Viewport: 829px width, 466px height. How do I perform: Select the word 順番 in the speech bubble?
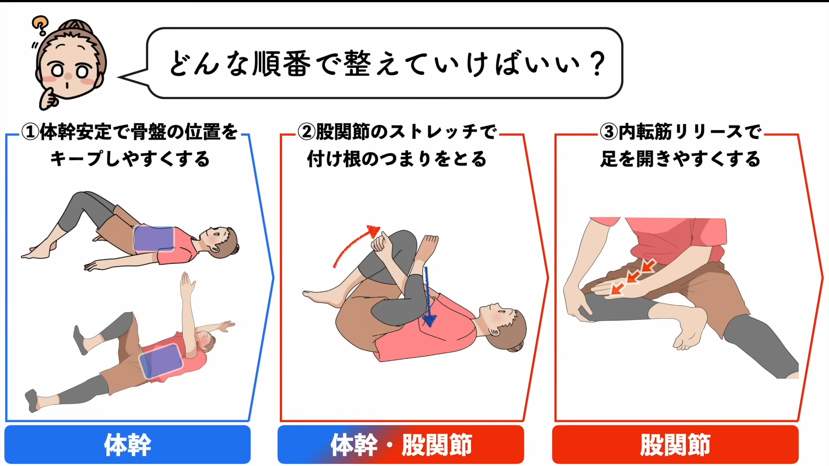(x=281, y=64)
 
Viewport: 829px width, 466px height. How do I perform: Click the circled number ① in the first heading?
(x=30, y=132)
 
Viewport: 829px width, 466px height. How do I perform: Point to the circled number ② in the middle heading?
(x=307, y=132)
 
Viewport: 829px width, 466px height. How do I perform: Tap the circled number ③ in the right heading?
(x=609, y=132)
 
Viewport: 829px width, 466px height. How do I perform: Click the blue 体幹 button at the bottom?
(x=128, y=444)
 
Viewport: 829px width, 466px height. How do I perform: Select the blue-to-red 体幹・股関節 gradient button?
(x=401, y=444)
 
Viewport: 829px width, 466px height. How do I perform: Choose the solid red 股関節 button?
(x=675, y=444)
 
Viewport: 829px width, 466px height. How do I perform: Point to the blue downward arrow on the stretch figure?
(x=428, y=298)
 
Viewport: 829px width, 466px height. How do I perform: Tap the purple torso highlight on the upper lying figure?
(x=154, y=239)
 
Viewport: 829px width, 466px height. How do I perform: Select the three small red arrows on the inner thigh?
(x=633, y=277)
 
